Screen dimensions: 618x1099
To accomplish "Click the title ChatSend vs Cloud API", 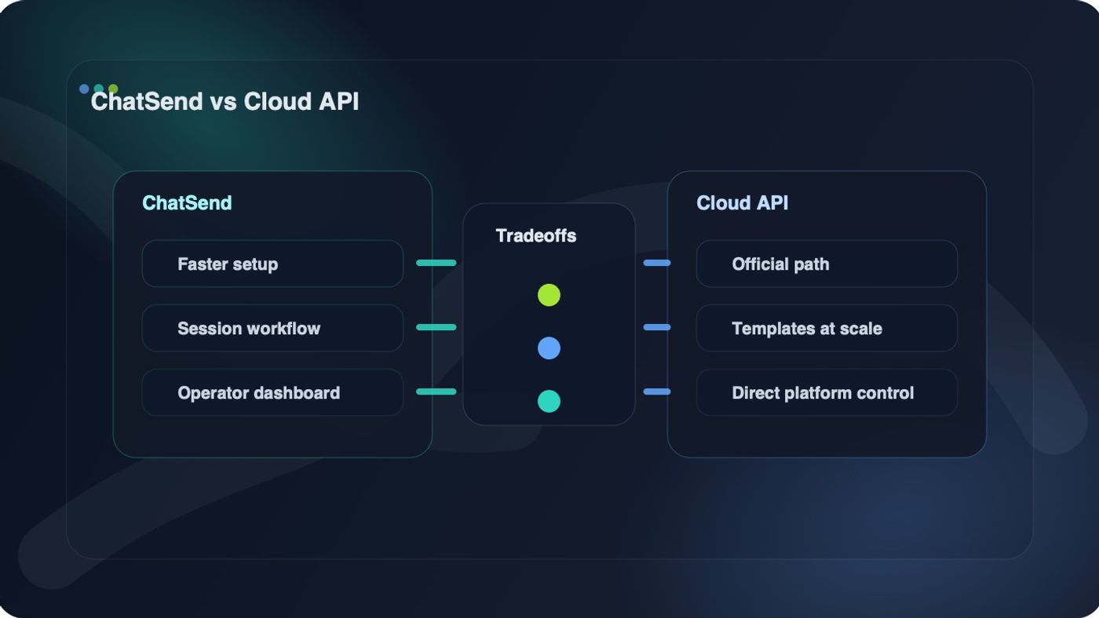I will (225, 102).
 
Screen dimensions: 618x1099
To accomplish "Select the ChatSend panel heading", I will (187, 203).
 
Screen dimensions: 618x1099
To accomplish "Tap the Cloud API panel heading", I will (742, 203).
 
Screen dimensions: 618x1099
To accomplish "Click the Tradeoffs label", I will (536, 236).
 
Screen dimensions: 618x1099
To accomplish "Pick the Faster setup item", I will (272, 264).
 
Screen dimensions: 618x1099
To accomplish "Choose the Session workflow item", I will (272, 329).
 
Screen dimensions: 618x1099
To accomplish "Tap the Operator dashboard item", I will (272, 393).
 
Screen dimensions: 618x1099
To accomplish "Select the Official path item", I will (826, 264).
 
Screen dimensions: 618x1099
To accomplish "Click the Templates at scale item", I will (826, 329).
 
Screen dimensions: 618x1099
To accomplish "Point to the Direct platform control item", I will (826, 393).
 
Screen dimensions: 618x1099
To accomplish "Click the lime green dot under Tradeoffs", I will (549, 295).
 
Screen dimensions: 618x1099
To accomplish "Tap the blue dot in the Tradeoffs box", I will (549, 348).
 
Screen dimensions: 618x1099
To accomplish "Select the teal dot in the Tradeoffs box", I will (549, 402).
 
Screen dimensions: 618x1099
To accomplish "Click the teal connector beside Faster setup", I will (436, 263).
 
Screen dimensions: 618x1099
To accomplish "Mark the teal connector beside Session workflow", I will (436, 327).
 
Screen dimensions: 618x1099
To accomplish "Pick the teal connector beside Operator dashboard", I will (436, 391).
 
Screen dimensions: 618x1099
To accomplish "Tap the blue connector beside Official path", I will (657, 263).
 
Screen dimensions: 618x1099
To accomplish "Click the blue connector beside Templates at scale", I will (657, 327).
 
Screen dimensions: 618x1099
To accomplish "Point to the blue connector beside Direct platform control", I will (657, 391).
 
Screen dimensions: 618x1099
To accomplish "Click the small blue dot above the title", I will (84, 89).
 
